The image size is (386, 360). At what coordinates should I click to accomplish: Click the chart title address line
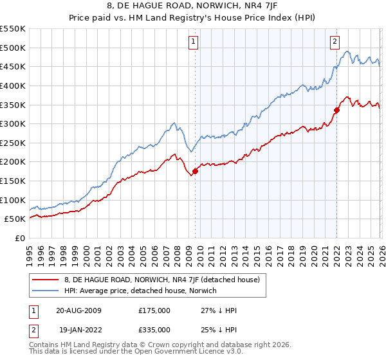[x=192, y=6]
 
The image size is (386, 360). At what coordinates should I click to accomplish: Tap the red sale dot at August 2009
[x=195, y=171]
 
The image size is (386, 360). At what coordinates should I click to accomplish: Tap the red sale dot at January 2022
[x=336, y=110]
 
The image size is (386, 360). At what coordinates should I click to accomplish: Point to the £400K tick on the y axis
[x=13, y=85]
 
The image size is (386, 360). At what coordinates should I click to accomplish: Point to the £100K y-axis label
[x=13, y=200]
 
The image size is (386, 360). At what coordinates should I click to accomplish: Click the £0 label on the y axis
[x=19, y=238]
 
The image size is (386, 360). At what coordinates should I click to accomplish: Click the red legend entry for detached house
[x=161, y=280]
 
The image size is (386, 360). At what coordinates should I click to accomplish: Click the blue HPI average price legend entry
[x=140, y=291]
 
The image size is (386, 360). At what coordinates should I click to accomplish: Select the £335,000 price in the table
[x=154, y=330]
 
